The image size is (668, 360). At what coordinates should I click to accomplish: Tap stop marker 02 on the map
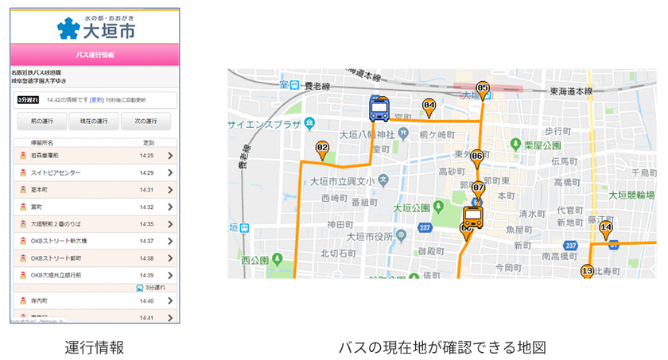point(322,149)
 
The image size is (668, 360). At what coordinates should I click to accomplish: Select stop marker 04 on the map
point(429,106)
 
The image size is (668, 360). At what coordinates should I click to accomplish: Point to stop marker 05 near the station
point(482,89)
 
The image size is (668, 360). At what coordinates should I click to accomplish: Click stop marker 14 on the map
point(606,229)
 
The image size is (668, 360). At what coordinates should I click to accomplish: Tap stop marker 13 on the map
point(587,272)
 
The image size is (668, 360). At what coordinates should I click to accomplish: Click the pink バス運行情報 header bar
point(95,55)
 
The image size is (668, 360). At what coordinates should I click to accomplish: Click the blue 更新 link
point(97,100)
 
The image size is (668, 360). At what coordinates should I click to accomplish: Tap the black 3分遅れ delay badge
point(29,100)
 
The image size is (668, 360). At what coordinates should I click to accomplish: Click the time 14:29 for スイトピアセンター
point(146,172)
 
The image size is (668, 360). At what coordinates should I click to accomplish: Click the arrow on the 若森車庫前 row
point(170,156)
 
